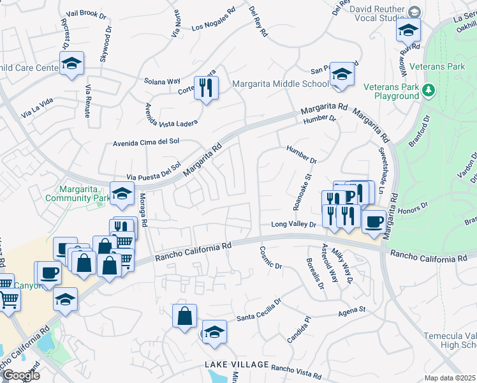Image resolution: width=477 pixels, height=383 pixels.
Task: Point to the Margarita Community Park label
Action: coord(76,193)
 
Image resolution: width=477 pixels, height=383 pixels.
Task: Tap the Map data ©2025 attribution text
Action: coord(450,378)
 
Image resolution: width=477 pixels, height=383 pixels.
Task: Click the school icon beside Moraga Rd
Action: coord(122,193)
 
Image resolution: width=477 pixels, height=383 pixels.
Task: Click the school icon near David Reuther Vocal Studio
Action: coord(408,29)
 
